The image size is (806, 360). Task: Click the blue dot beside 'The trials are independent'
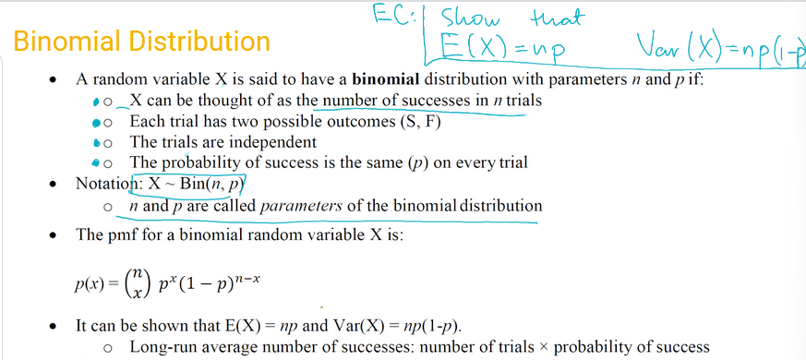click(99, 142)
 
